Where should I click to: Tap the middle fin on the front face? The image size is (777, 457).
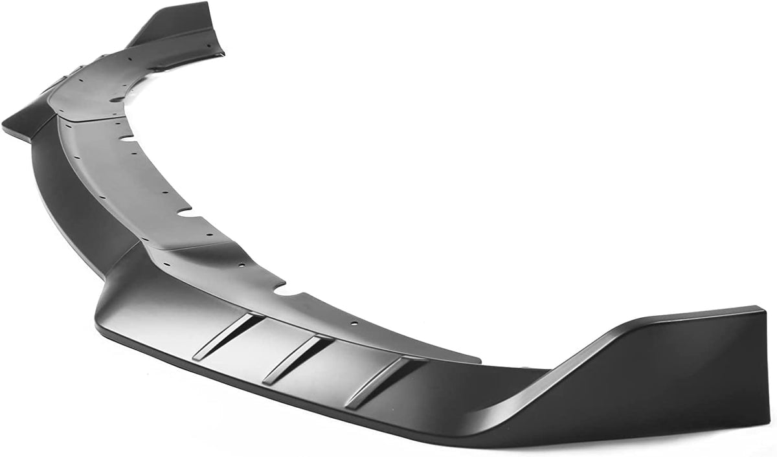pos(298,359)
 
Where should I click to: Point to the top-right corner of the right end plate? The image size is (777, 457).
pos(765,308)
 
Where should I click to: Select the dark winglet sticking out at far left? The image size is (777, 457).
pos(26,123)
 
